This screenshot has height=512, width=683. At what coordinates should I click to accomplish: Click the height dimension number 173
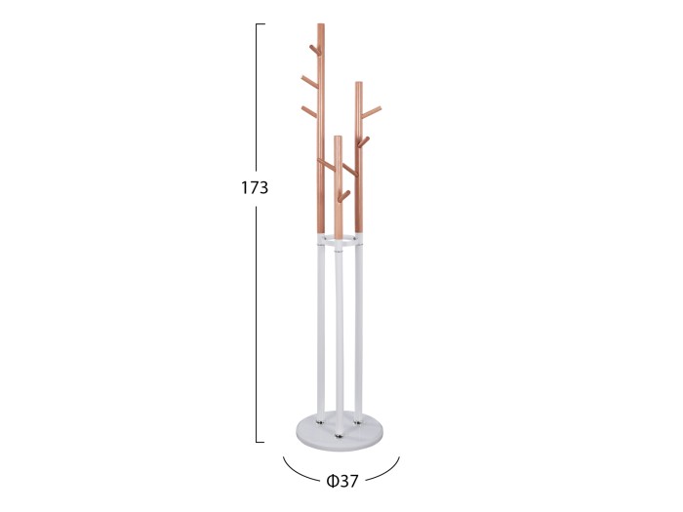(x=255, y=187)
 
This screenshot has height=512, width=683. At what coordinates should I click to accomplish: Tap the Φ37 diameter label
(x=342, y=481)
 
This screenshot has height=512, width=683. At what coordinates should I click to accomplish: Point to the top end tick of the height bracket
(x=261, y=24)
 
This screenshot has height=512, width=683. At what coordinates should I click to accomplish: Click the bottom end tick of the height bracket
(x=261, y=442)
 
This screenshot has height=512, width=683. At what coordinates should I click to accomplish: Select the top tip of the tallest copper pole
(x=321, y=24)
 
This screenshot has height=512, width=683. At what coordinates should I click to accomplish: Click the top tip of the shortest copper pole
(x=338, y=138)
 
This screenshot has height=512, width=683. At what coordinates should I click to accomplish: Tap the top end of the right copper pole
(x=358, y=83)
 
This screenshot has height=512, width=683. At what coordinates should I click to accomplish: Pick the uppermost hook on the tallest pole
(x=314, y=50)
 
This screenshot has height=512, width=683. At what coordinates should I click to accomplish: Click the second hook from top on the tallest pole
(x=309, y=81)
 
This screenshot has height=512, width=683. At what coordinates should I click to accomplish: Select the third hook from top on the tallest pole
(x=309, y=111)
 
